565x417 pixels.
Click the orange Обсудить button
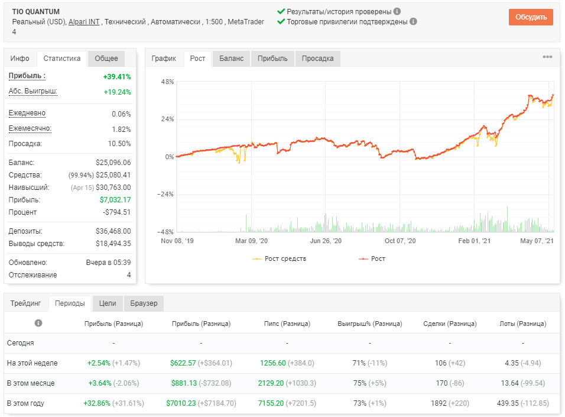[x=530, y=17]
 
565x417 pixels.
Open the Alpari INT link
[x=84, y=22]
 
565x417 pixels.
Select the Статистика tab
[x=62, y=59]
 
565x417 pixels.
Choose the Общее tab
[x=106, y=59]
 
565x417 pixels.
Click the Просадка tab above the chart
[x=317, y=59]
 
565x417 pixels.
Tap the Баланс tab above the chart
[x=231, y=59]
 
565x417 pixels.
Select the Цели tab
[x=108, y=303]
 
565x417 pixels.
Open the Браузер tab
[x=144, y=303]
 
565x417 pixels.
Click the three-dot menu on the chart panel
[x=547, y=57]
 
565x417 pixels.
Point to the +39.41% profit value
[x=117, y=77]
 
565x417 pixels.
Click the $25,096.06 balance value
[x=113, y=163]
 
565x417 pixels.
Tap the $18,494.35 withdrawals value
[x=113, y=244]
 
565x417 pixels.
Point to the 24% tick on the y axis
[x=168, y=119]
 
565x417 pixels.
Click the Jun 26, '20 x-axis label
[x=326, y=241]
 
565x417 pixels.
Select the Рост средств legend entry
[x=280, y=258]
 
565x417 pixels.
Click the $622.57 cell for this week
[x=183, y=363]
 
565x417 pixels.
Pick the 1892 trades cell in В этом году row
[x=439, y=403]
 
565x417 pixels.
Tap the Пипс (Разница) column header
[x=287, y=324]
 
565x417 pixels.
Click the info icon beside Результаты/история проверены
[x=397, y=12]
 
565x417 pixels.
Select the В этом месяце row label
[x=31, y=383]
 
